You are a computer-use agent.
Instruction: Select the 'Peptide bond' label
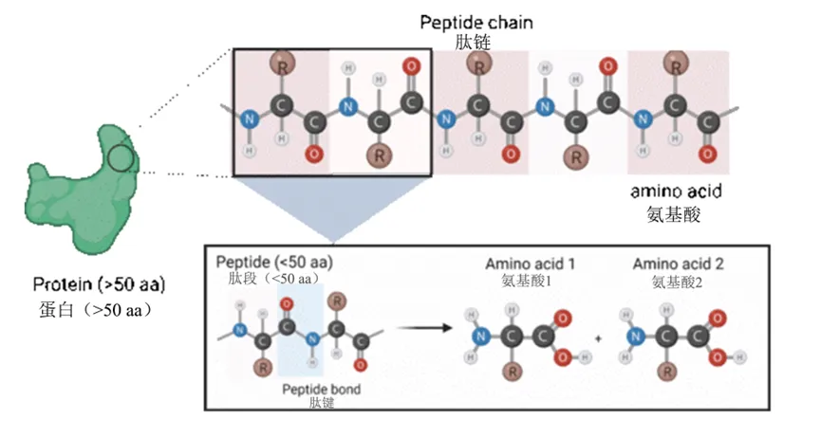pos(322,389)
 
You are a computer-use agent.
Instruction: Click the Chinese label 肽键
pos(322,403)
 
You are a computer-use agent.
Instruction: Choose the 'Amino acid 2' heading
pos(672,262)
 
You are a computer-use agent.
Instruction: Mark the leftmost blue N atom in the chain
pos(250,119)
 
